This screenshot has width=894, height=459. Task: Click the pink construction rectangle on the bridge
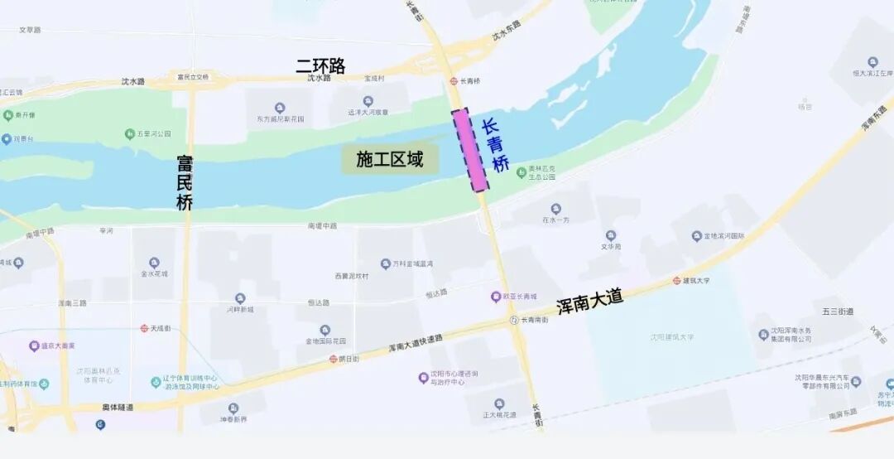click(x=470, y=150)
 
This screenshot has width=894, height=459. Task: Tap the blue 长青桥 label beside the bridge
click(x=495, y=147)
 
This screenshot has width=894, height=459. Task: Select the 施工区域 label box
click(x=389, y=160)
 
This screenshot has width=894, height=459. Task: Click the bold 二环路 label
click(x=320, y=65)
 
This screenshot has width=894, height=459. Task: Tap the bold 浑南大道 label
click(x=589, y=301)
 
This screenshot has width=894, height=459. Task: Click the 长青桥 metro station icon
click(x=454, y=81)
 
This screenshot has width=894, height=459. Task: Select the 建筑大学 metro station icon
click(x=676, y=281)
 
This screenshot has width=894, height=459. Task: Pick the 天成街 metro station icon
click(x=144, y=328)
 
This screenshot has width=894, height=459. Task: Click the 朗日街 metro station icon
click(x=333, y=360)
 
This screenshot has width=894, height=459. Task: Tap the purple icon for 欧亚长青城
click(x=496, y=296)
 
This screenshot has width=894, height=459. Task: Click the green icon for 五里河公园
click(x=130, y=133)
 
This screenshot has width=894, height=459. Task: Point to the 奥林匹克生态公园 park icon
click(x=521, y=172)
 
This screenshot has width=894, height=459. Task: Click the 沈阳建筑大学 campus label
click(x=671, y=337)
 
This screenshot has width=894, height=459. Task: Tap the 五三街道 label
click(x=837, y=312)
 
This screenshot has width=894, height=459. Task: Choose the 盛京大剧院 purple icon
click(x=34, y=345)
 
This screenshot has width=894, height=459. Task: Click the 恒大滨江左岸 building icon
click(x=872, y=62)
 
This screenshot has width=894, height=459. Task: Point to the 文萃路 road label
click(x=30, y=30)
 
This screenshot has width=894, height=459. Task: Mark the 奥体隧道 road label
click(x=117, y=407)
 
